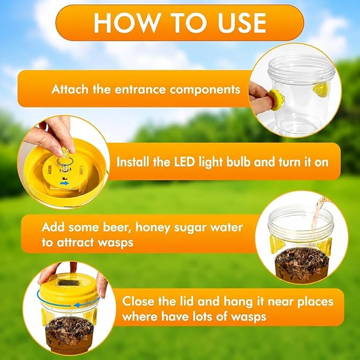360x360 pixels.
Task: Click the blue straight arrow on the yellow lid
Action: (64, 183)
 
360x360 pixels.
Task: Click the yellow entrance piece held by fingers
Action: (276, 99)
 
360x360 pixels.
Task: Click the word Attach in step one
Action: (70, 89)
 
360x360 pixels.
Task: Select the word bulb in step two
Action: (239, 162)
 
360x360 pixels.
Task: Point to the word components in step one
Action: (205, 90)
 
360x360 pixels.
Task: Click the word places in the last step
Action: (315, 302)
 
